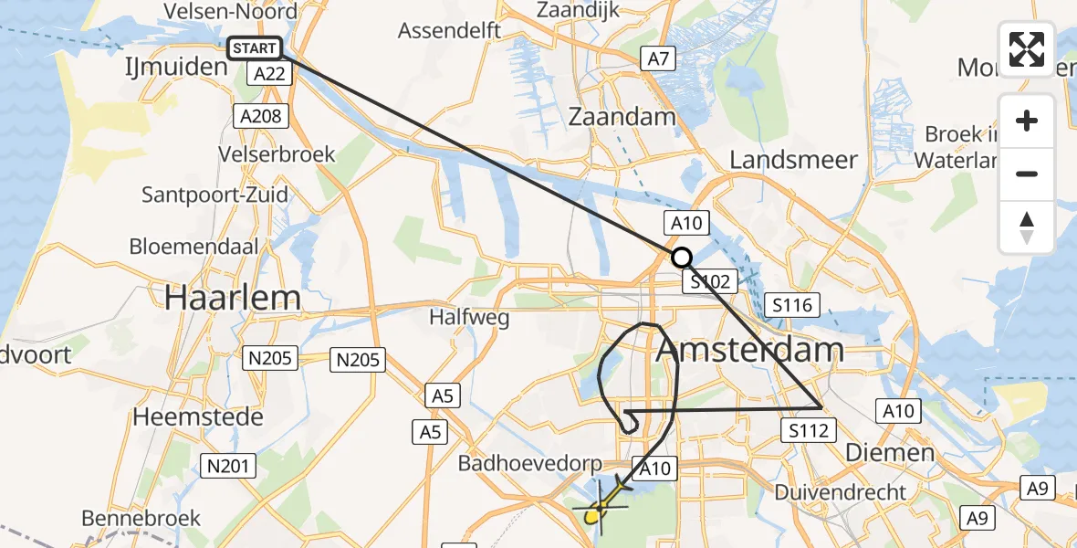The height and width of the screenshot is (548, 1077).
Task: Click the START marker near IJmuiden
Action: tap(254, 48)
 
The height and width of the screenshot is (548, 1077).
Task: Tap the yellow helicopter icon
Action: tap(598, 508)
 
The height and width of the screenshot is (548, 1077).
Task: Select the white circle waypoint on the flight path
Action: tap(681, 258)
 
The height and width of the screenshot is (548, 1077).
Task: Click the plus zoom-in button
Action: tap(1027, 121)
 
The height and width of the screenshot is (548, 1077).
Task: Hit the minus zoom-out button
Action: tap(1027, 174)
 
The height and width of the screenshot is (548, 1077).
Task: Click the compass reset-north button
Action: tap(1027, 227)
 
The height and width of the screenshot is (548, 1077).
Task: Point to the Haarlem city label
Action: tap(233, 297)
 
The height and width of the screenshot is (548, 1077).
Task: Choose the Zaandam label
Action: tap(622, 117)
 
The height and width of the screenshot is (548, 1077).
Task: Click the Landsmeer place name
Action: tap(793, 160)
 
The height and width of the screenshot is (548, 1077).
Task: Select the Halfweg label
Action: tap(468, 317)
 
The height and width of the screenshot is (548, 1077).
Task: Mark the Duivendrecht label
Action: tap(840, 492)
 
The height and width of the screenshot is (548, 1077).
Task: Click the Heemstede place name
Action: tap(197, 416)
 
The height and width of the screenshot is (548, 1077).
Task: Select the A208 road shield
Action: tap(261, 115)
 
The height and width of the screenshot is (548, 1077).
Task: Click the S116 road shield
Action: tap(791, 305)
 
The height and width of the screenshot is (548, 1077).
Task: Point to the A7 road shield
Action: tap(659, 59)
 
